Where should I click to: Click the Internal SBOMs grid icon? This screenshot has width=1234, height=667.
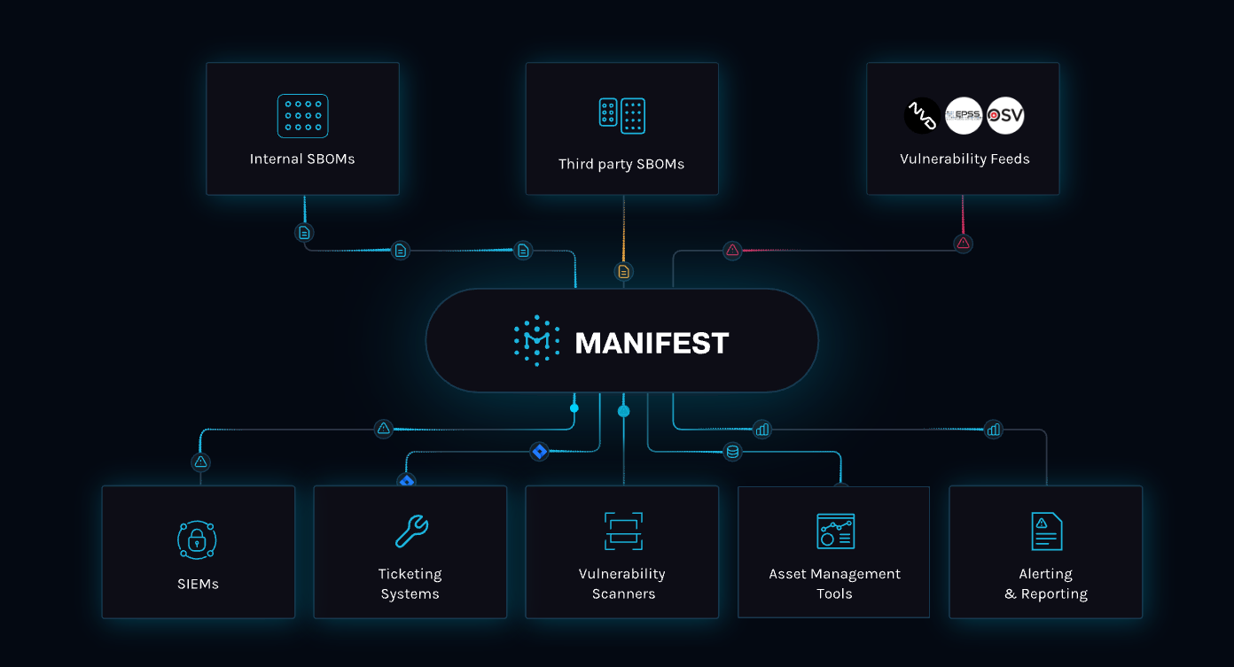[302, 116]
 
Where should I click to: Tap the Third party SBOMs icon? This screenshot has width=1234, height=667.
[621, 116]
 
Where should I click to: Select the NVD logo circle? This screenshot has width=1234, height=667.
[922, 116]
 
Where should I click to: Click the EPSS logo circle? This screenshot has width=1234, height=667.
[964, 116]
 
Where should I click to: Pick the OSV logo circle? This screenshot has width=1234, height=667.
[1005, 116]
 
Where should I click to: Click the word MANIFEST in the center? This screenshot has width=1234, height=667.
[652, 343]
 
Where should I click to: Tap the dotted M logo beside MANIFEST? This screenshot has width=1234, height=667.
[536, 341]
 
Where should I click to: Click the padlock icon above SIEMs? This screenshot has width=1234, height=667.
[197, 539]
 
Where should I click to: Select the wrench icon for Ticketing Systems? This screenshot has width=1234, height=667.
[410, 531]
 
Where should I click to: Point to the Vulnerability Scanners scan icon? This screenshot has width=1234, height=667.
[623, 531]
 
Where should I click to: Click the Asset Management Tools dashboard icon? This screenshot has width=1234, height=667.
[835, 531]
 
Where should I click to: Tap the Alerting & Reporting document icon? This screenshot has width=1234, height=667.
[1046, 531]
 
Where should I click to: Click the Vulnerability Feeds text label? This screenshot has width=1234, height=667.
[965, 159]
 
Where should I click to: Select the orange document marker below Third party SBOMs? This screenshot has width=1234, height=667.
[624, 271]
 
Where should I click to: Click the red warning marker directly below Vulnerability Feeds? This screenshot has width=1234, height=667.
[963, 243]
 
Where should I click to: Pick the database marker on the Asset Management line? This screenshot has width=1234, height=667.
[732, 452]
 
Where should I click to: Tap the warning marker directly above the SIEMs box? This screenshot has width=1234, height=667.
[200, 461]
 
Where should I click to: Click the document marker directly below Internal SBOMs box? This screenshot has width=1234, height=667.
[304, 233]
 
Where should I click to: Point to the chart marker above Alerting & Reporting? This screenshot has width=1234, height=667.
[994, 430]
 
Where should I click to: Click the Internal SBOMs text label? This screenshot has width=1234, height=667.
[302, 159]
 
